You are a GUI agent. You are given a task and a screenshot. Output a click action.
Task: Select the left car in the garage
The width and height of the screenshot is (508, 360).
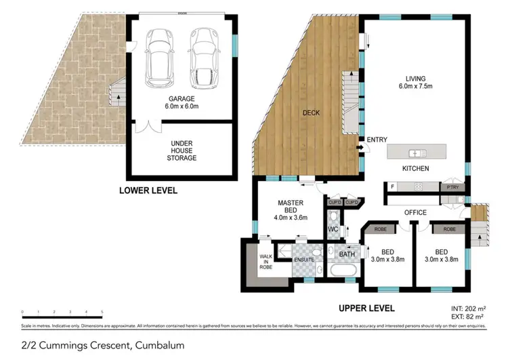tap(158, 58)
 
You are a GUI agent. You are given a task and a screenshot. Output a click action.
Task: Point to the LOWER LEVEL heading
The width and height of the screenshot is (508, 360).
tap(148, 191)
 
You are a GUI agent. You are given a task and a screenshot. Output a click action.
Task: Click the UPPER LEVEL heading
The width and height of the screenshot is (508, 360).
tap(367, 308)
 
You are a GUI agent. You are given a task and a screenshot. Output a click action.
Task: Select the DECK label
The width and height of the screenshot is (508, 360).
tap(311, 113)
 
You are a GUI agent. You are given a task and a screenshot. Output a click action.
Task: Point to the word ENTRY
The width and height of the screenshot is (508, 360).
tap(377, 140)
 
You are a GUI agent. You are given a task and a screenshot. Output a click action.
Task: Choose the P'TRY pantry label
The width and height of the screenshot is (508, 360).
tap(450, 186)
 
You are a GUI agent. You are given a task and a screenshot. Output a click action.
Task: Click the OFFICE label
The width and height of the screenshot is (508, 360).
tap(415, 212)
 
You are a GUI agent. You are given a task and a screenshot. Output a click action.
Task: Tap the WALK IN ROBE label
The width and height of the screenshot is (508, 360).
tap(266, 261)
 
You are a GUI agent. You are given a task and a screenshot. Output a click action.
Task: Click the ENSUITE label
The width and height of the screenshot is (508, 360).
tap(302, 259)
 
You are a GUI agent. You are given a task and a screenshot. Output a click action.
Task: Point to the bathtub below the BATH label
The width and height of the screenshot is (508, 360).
tap(345, 271)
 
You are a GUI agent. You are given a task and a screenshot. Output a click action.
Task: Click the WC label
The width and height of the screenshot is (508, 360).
tap(333, 230)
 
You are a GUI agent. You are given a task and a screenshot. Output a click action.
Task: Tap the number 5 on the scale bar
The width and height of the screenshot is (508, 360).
tap(102, 312)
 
